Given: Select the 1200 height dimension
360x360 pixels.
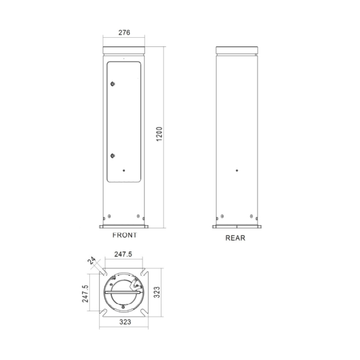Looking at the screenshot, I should pyautogui.click(x=161, y=137).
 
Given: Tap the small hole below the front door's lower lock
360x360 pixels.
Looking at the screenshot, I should pyautogui.click(x=124, y=172).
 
